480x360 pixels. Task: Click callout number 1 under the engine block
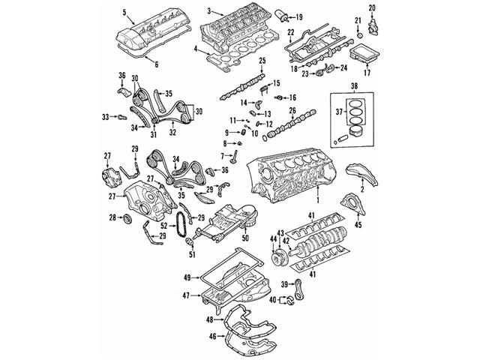point(318,201)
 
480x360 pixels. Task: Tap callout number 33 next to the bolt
point(106,116)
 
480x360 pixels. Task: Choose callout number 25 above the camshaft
point(262,60)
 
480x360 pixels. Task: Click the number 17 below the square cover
point(367,73)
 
